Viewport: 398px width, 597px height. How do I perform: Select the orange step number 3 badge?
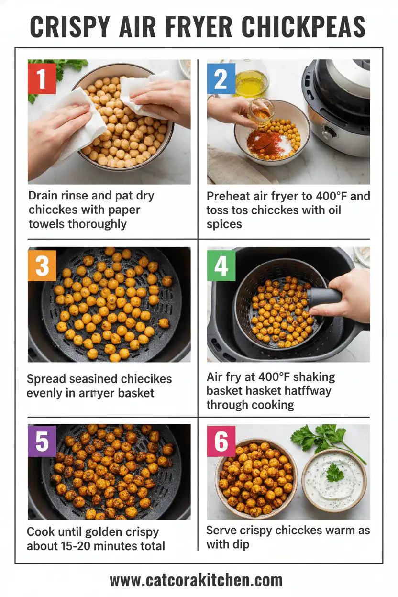click(42, 264)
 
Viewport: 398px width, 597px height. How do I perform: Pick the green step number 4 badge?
click(221, 264)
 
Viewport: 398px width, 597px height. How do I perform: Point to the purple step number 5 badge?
click(42, 441)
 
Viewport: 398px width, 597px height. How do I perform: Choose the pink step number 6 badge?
click(221, 441)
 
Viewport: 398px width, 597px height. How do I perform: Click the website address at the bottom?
click(196, 580)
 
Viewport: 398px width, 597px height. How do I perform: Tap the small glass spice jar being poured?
click(261, 111)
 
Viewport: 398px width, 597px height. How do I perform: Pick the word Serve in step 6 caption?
click(221, 530)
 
